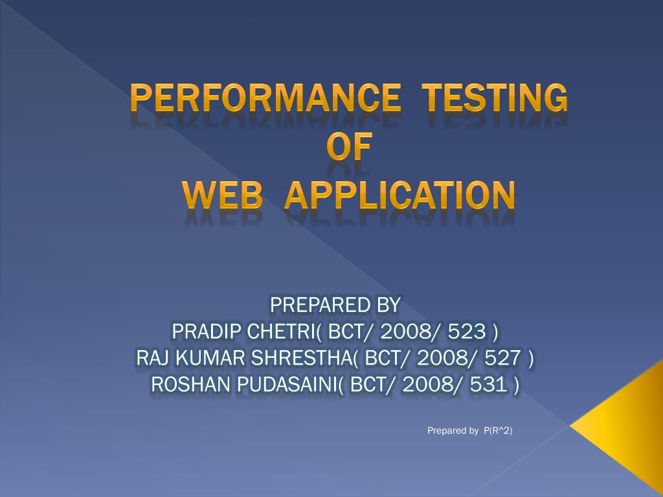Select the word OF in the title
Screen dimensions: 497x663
tap(349, 147)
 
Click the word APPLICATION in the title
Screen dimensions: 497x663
tap(400, 195)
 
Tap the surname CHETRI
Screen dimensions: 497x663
tap(278, 331)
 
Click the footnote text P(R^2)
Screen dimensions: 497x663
tap(498, 430)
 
